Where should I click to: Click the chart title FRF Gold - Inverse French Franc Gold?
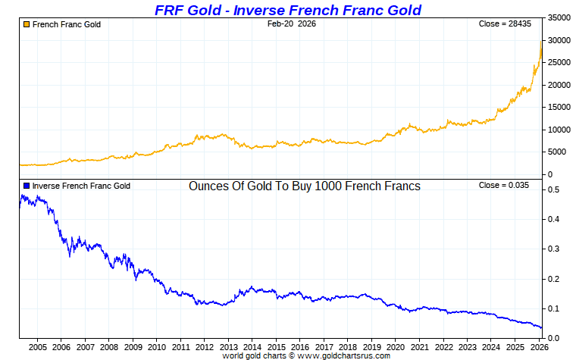coord(288,10)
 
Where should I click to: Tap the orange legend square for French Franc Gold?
coord(27,24)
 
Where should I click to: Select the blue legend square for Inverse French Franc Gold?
coord(27,186)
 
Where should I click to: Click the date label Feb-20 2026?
coord(292,24)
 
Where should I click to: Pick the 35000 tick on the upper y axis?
coord(559,17)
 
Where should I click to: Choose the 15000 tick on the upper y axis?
coord(559,107)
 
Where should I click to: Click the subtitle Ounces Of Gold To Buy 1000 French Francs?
coord(304,186)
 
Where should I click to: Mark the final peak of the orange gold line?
coord(540,42)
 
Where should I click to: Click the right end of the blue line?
coord(541,328)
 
